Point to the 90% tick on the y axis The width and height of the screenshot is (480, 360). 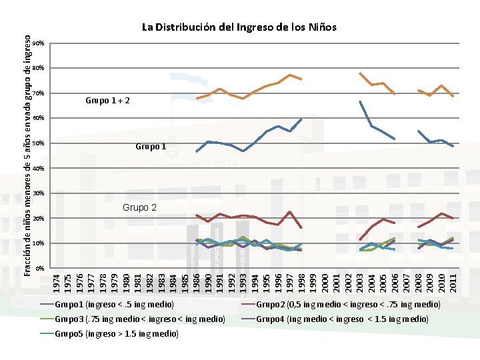[39, 43]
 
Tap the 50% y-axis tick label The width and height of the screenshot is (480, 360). [39, 143]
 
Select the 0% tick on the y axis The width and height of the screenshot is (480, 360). [41, 268]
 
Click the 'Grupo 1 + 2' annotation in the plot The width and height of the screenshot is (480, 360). [107, 101]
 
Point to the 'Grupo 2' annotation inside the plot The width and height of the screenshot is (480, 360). [139, 208]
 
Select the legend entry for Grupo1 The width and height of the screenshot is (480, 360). [114, 305]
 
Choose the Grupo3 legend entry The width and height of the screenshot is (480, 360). [139, 319]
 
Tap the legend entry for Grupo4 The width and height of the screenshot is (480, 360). [342, 319]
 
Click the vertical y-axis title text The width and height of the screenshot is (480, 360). [27, 156]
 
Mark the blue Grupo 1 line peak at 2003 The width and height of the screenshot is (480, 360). [360, 101]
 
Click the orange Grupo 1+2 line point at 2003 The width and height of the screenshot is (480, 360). [360, 73]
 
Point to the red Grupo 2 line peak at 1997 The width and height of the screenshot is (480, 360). [289, 212]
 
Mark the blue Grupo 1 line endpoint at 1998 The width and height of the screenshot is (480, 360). [301, 119]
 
